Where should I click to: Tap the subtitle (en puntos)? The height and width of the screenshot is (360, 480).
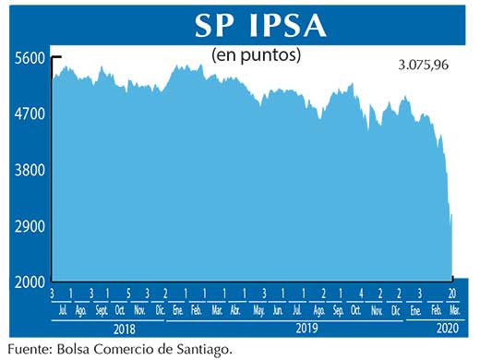[x=258, y=55]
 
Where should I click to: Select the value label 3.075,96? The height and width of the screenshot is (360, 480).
[x=424, y=66]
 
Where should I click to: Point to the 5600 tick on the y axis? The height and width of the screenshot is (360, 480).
[x=29, y=57]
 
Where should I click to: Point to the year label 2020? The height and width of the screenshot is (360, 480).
[x=444, y=329]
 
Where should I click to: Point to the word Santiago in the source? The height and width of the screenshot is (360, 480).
[x=195, y=349]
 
